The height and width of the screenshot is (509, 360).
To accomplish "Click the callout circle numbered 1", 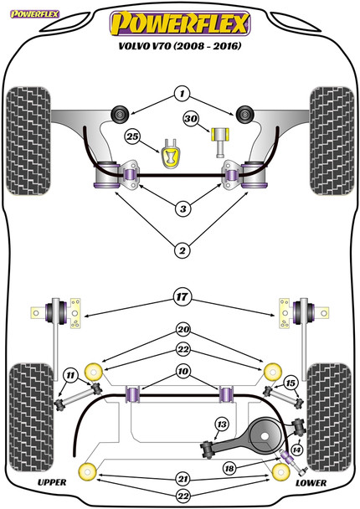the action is coord(183,94).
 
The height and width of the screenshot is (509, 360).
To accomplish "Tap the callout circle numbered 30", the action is coord(191,119).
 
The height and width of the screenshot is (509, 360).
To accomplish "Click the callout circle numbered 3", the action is coord(183,208).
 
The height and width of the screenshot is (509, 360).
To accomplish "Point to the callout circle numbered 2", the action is coord(183,250).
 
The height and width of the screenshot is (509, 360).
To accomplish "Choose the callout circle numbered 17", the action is coord(183,296).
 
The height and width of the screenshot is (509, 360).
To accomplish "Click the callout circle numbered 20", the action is coord(183,330).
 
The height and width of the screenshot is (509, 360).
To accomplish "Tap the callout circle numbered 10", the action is coord(183,371).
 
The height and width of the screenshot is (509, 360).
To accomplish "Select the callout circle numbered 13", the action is coord(222,424).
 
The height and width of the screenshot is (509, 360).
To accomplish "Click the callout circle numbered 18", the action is coord(229,468).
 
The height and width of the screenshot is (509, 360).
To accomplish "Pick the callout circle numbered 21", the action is coord(183,479).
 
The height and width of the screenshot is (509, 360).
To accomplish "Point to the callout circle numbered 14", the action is coord(296,450).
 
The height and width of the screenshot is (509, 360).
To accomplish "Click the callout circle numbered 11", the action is coord(70,376).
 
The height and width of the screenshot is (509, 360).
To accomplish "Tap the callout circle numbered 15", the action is coord(291,383).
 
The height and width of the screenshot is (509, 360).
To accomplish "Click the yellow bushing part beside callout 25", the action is coord(172,154).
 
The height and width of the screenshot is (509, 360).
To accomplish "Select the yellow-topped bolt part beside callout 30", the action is coord(221,141).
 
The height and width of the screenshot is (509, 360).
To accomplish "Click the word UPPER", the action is coord(52,482).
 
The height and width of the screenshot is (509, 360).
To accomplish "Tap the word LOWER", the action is coord(311,483).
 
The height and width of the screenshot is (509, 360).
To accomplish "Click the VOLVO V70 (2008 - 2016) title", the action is coord(180,46).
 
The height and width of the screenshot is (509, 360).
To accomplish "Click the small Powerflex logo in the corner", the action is coord(34,14).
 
